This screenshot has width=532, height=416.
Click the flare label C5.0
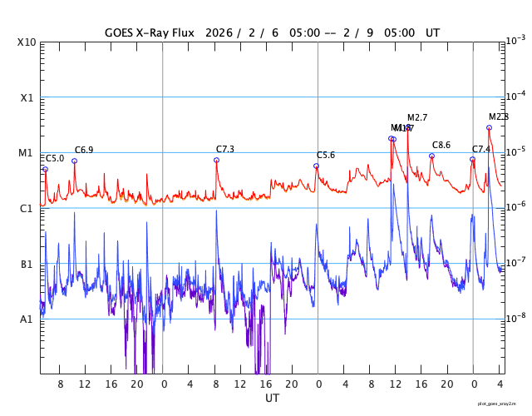[55, 158]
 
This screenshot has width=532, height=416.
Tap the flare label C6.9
[84, 150]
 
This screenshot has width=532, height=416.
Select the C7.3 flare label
[225, 149]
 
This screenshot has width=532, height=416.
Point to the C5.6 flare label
[326, 156]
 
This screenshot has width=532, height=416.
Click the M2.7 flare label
[417, 118]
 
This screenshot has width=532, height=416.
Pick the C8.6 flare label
[441, 145]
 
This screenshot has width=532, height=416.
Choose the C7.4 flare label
[481, 149]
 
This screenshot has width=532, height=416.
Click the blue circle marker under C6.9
[74, 161]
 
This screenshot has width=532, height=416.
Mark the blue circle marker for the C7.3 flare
[216, 160]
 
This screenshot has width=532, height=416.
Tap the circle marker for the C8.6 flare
[431, 156]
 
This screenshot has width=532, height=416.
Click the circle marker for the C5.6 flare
[316, 166]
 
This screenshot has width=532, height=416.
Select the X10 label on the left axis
[27, 42]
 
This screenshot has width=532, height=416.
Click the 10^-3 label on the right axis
[516, 41]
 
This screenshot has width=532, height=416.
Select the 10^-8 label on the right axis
[516, 318]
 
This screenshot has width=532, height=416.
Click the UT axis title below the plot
[272, 399]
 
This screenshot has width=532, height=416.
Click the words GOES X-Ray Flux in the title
[150, 33]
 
